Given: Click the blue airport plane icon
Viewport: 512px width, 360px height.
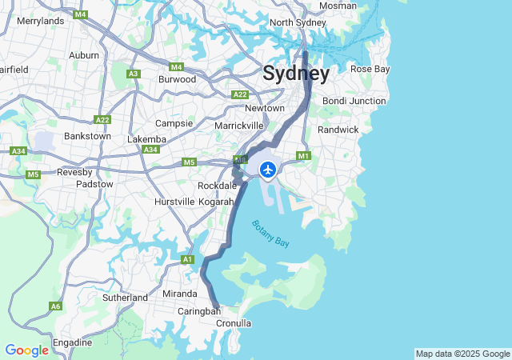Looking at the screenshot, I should tap(267, 170).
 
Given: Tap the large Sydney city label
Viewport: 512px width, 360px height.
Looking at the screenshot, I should tap(296, 74).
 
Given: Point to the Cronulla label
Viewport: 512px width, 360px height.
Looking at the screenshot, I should tap(234, 323).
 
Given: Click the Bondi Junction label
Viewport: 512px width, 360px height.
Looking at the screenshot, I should tap(354, 101).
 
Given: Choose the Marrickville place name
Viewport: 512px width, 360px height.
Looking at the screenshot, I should tap(239, 126).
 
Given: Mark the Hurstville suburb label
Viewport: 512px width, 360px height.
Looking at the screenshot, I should tap(174, 202).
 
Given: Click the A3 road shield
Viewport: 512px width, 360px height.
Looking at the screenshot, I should tap(134, 74).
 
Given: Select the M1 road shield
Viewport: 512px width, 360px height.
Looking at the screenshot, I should tap(303, 155).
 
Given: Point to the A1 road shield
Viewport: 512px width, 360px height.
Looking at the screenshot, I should tap(187, 259).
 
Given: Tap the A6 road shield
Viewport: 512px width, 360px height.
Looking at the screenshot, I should tap(55, 306).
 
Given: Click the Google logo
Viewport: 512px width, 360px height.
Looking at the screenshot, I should tap(26, 350).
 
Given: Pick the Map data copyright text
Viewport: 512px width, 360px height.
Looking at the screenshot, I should tap(462, 354).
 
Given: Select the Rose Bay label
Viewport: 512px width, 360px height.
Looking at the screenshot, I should tap(370, 69).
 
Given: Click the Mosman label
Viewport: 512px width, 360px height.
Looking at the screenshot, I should tap(338, 6).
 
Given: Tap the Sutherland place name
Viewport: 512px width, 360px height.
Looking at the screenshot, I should tap(125, 298).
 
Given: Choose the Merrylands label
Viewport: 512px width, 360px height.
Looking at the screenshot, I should tap(40, 20).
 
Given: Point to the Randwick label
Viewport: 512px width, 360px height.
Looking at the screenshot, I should tap(338, 129).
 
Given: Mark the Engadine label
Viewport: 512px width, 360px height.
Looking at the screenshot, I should tap(73, 342).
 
